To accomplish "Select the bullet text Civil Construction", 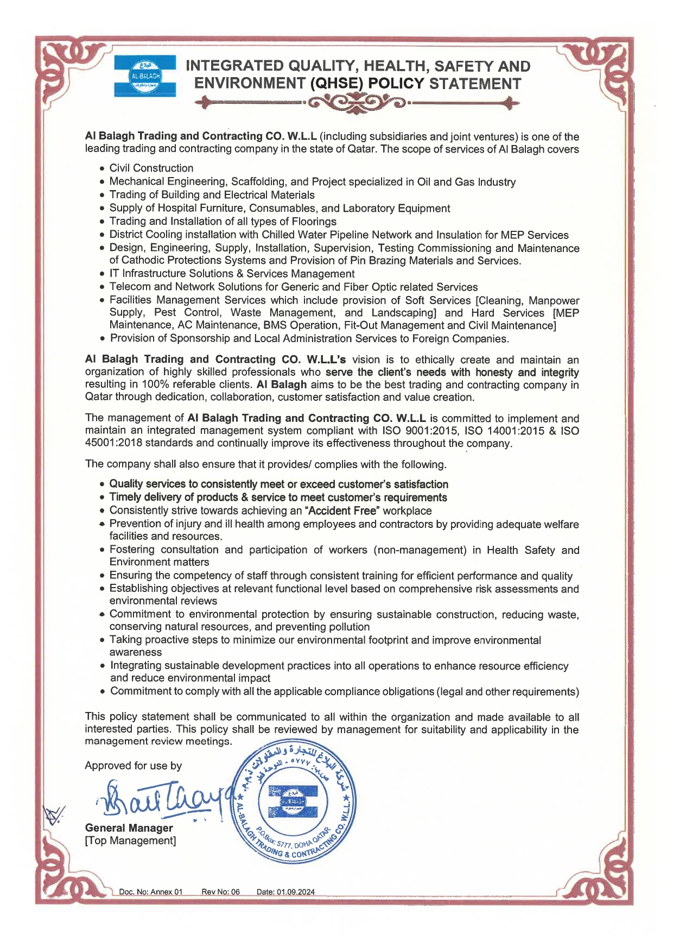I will pos(151,168).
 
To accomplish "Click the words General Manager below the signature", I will pos(129,828).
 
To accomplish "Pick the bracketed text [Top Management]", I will pos(130,841).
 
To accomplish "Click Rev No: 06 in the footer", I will pos(220,892).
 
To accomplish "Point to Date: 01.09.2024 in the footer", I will pos(285,892).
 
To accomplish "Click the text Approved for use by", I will pos(133,766).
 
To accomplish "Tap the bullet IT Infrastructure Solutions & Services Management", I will pos(232,274).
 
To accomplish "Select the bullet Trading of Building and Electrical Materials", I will pos(212,195).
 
